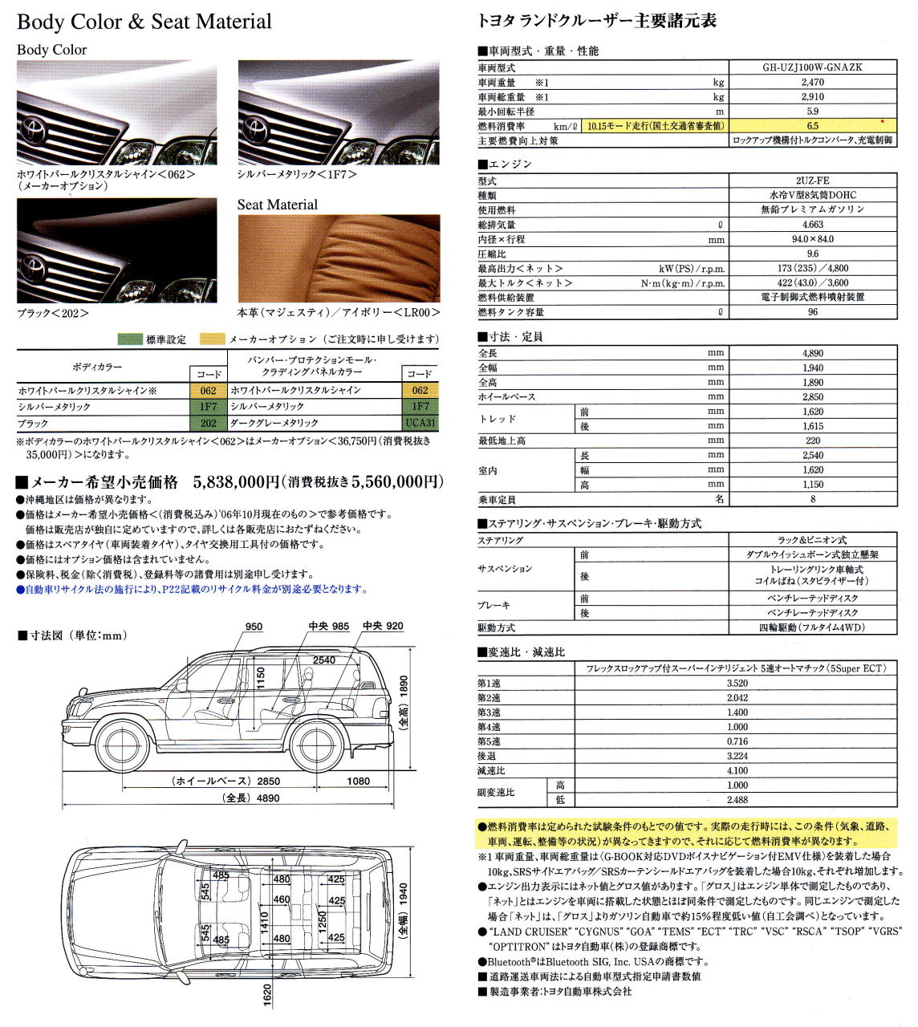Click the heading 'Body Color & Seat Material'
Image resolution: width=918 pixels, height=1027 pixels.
[x=144, y=22]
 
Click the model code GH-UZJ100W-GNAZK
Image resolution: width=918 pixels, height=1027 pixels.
[x=812, y=67]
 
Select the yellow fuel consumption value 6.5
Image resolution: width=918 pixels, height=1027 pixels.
[x=812, y=126]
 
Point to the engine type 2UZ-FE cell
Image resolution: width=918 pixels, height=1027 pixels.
[x=812, y=181]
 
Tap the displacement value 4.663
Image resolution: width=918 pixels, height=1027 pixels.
[x=812, y=225]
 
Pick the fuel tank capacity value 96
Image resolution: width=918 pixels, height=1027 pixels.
[x=812, y=312]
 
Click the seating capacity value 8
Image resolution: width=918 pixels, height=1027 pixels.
[x=812, y=499]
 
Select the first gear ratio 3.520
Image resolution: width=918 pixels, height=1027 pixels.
[x=737, y=684]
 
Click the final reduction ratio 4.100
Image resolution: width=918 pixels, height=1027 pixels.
[x=737, y=771]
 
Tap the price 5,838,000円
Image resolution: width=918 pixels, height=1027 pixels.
[x=236, y=482]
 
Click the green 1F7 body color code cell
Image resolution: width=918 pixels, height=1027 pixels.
[x=209, y=407]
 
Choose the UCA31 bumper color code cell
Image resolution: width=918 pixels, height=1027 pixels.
[x=420, y=423]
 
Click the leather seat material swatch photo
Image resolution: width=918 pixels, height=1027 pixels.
[x=339, y=258]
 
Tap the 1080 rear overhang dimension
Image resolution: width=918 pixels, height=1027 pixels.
[x=358, y=781]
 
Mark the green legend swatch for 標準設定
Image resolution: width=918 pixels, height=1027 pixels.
[x=130, y=339]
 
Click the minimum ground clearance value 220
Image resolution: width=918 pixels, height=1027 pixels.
[x=812, y=440]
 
